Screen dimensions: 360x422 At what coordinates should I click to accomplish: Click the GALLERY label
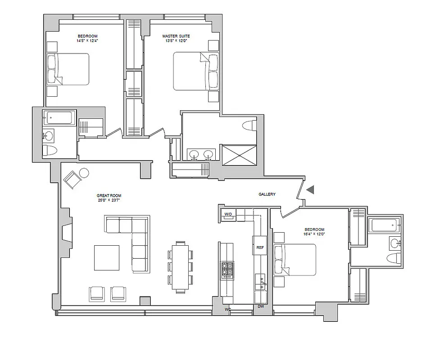click(x=267, y=194)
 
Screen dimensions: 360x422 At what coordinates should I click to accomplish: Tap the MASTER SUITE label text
click(x=176, y=36)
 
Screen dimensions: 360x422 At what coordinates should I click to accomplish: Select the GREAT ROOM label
click(x=109, y=196)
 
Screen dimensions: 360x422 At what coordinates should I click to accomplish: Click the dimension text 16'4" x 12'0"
click(x=314, y=234)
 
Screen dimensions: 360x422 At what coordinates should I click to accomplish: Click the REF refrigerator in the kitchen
click(x=260, y=247)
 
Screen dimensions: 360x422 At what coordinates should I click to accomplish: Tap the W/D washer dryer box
click(x=228, y=215)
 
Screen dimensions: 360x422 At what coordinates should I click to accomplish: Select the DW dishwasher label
click(x=260, y=307)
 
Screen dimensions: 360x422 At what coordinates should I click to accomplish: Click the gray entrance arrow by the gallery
click(x=310, y=190)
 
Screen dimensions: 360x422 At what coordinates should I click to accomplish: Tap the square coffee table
click(x=107, y=258)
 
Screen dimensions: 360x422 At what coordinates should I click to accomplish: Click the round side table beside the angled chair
click(x=84, y=173)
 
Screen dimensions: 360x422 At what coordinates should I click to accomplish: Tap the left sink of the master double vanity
click(x=194, y=154)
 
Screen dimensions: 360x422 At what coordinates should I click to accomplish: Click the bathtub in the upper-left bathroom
click(x=59, y=118)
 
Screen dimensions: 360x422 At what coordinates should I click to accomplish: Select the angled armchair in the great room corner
click(x=72, y=180)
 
